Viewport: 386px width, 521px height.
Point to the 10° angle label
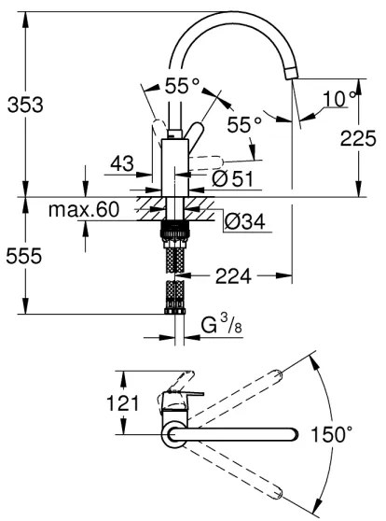click(341, 98)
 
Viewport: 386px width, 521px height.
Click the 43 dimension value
click(122, 162)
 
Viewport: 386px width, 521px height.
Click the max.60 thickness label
click(85, 211)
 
